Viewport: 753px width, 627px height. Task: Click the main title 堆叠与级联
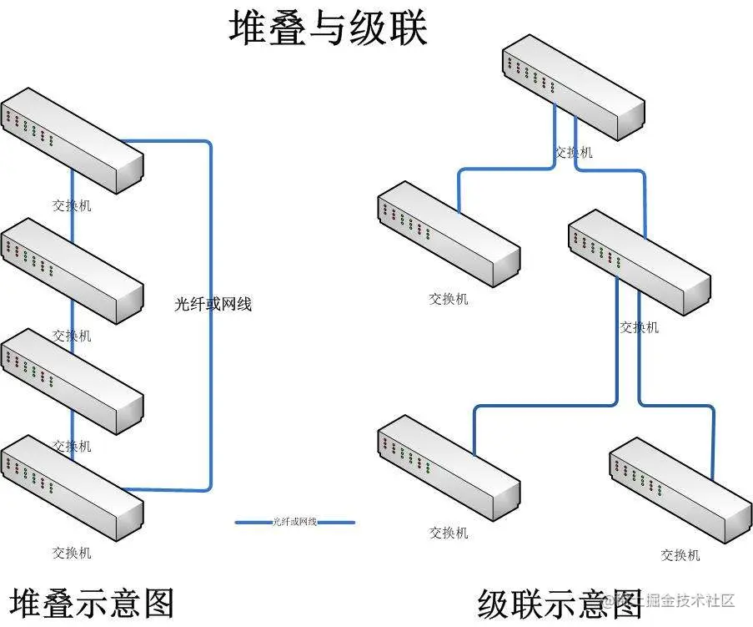point(328,28)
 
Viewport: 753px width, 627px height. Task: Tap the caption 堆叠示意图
point(92,602)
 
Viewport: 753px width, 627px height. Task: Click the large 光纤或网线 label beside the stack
point(213,305)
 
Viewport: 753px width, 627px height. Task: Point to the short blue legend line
point(295,523)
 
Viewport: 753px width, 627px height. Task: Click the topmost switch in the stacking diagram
point(72,139)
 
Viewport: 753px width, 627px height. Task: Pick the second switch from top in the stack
point(72,271)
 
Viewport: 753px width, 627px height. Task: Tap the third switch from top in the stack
point(72,381)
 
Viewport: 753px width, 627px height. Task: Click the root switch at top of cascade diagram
point(574,88)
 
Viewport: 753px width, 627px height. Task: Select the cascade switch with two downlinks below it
point(640,263)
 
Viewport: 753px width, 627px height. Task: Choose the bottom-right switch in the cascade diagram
point(680,488)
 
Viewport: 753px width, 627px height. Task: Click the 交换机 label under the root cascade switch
point(574,152)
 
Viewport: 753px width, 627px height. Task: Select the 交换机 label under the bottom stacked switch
point(72,553)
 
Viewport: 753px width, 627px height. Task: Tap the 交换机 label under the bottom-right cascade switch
point(680,555)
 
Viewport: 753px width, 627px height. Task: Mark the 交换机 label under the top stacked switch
point(72,205)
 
